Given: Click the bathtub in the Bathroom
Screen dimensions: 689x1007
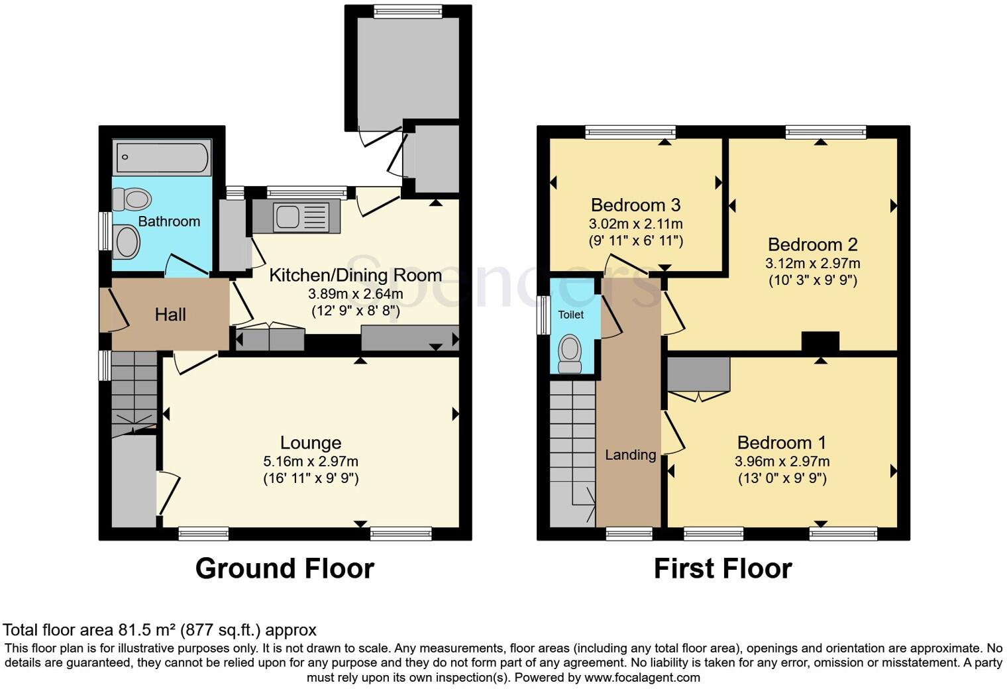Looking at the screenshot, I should (162, 158).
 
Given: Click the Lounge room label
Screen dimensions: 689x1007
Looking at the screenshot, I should (311, 443).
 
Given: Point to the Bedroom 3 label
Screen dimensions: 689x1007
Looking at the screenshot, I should (635, 205).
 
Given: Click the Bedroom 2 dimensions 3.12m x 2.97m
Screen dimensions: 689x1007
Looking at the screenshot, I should (812, 263).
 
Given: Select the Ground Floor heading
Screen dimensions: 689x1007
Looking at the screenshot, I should (285, 568).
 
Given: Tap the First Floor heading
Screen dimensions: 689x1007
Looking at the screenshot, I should (723, 568).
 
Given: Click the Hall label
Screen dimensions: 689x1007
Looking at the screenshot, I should (170, 314).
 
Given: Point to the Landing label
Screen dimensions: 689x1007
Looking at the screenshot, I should (630, 454).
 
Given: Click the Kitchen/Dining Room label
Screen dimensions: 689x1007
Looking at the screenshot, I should (355, 275).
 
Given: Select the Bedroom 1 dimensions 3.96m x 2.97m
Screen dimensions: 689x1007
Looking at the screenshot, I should (782, 461).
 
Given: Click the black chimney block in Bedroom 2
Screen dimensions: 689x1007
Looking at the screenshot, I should (820, 342).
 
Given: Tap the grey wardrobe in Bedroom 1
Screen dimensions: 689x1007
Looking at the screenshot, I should (698, 374).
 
